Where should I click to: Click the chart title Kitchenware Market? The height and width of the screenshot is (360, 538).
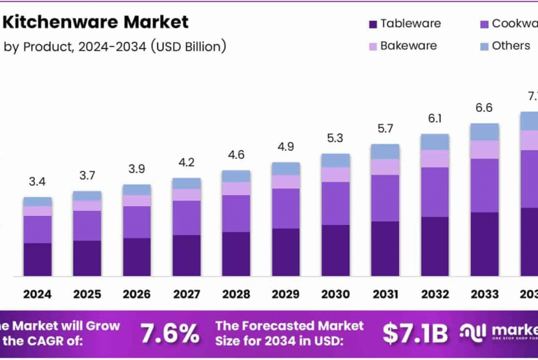point(96,22)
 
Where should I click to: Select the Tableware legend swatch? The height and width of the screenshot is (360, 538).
point(372,24)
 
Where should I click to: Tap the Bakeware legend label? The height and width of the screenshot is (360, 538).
point(408,45)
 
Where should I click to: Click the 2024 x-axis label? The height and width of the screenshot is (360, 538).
point(37,294)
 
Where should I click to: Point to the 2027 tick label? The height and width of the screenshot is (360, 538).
point(187,294)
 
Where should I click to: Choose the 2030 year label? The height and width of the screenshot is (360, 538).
point(335,294)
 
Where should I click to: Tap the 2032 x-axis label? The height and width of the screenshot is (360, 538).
point(435,294)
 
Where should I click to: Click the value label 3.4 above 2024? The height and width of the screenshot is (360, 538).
point(37,182)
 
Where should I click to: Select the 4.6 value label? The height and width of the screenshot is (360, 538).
point(236,154)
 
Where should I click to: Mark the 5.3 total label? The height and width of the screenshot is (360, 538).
point(335,138)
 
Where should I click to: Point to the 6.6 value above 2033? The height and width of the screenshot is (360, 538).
point(484,108)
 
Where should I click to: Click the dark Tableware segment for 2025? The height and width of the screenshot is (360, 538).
point(87,258)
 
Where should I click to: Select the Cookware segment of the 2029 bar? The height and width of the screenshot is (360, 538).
point(286,208)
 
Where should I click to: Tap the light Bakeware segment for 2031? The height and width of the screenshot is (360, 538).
point(385,166)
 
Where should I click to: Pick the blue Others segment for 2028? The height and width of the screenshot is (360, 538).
point(236,176)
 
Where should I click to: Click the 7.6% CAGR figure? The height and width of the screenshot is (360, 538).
point(170,333)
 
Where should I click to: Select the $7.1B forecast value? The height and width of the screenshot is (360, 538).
point(415,333)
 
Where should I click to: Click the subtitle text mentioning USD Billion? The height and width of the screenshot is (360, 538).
point(115,47)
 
